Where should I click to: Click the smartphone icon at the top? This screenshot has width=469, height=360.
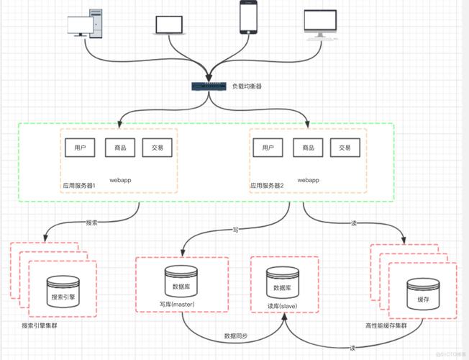tap(249, 17)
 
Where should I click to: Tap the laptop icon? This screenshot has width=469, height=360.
tap(169, 25)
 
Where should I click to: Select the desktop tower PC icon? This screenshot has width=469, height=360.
tap(85, 24)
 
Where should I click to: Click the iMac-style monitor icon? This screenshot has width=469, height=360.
tap(321, 25)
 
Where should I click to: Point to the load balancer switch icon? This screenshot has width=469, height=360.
tap(209, 86)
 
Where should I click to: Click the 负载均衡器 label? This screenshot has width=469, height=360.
tap(247, 86)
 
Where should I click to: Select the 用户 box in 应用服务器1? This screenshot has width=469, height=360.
tap(80, 148)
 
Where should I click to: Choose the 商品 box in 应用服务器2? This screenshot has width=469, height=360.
tap(308, 148)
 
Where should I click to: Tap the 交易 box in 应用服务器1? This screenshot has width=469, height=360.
tap(158, 148)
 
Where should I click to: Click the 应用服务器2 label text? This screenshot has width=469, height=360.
tap(267, 186)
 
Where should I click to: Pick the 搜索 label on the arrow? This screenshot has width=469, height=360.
tap(92, 222)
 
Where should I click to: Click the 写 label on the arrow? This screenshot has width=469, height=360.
tap(236, 230)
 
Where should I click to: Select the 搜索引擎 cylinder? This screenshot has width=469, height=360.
tap(63, 292)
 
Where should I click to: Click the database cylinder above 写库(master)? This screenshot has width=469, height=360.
tap(181, 282)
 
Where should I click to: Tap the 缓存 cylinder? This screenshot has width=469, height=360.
tap(423, 294)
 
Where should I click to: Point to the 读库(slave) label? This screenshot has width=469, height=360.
tap(283, 306)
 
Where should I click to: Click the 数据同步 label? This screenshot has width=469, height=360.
tap(236, 336)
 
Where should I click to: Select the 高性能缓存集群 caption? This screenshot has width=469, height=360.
tap(386, 325)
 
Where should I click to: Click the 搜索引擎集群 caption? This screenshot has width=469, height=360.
tap(40, 325)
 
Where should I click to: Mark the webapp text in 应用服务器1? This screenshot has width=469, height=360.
tap(120, 180)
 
